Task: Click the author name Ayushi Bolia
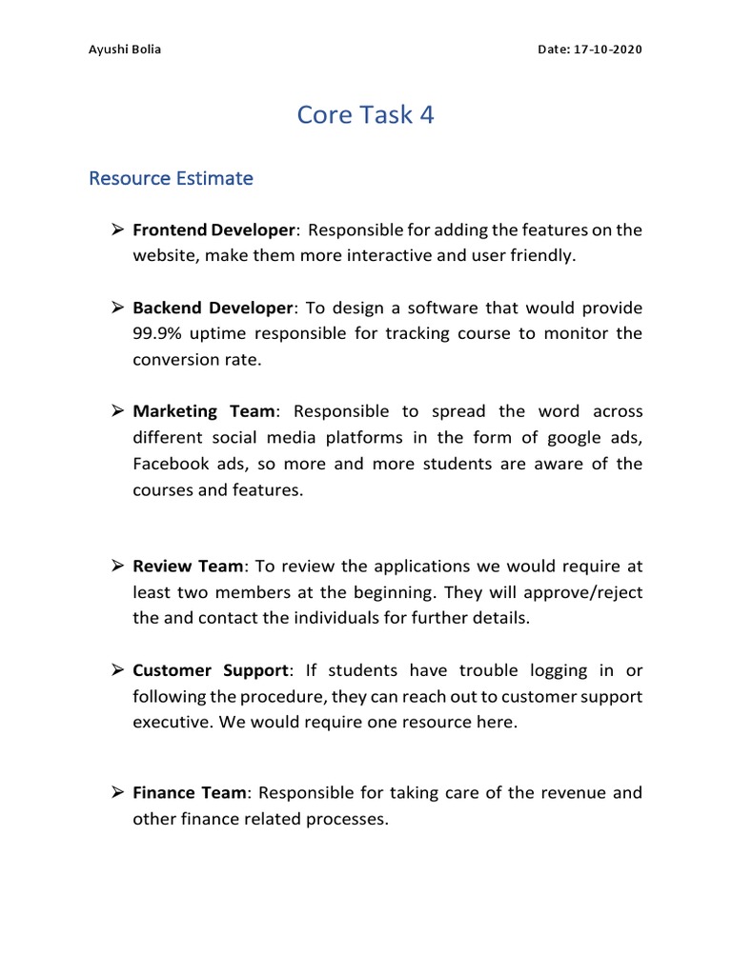click(x=125, y=50)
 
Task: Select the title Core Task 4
click(x=365, y=114)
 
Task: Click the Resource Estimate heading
click(x=171, y=178)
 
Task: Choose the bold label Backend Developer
click(x=213, y=308)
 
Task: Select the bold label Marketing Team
click(x=204, y=411)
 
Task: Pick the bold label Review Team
click(x=188, y=567)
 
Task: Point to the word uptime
click(x=214, y=334)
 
